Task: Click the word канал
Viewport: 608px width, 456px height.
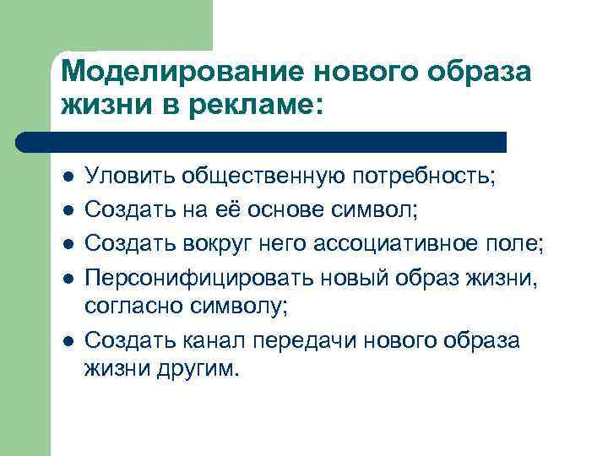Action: (x=208, y=339)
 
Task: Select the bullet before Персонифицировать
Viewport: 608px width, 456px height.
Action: (x=68, y=277)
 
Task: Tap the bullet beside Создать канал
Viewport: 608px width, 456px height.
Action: (x=68, y=340)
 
